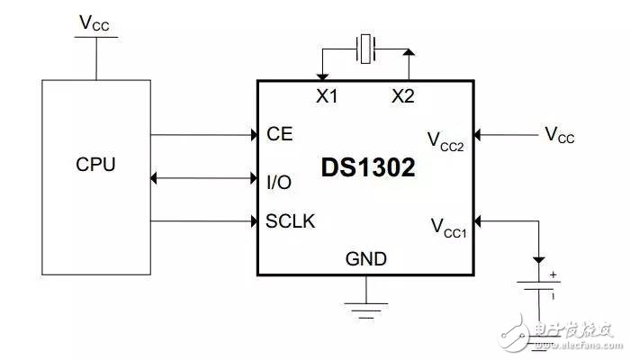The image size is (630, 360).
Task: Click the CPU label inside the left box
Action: coord(95,166)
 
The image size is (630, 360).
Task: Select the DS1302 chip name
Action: coord(368,168)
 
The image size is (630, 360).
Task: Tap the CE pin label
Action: coord(280,135)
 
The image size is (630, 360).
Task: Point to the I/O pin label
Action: coord(279,182)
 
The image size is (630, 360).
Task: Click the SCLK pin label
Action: coord(291,220)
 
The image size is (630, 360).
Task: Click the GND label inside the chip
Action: coord(366,259)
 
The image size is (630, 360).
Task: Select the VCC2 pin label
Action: coord(445,141)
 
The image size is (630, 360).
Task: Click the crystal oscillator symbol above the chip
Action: coord(364,49)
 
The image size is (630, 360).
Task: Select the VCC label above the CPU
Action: coord(95,23)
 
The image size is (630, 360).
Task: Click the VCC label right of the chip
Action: coord(559,135)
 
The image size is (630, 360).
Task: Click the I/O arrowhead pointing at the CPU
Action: coord(157,180)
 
